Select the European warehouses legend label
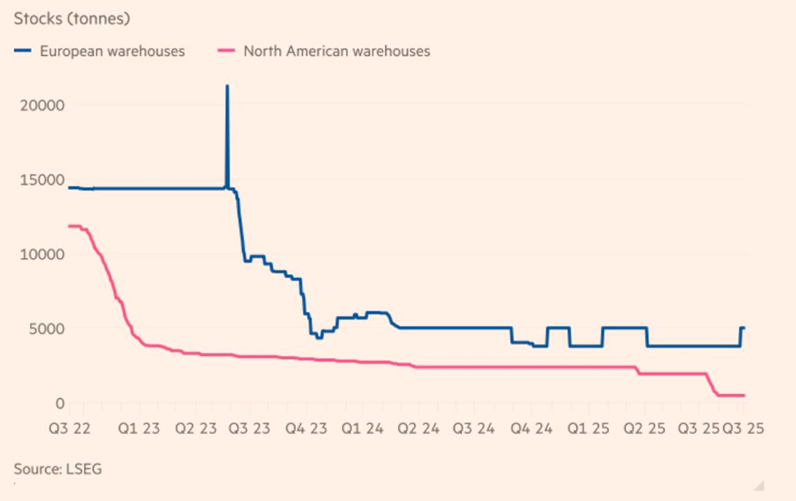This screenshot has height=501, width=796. click(x=111, y=51)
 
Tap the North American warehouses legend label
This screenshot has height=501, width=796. click(x=337, y=51)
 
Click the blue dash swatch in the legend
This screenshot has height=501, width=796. click(x=23, y=51)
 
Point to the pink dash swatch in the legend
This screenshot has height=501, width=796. click(x=226, y=51)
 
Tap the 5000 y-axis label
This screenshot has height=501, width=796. click(x=47, y=329)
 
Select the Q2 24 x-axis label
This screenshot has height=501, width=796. click(x=418, y=429)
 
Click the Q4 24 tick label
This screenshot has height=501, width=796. click(x=532, y=429)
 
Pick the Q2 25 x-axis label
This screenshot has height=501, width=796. click(x=644, y=429)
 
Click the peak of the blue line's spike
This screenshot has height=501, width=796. click(x=227, y=86)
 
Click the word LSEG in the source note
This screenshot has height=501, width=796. click(x=83, y=468)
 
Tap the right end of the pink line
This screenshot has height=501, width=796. click(x=744, y=395)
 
